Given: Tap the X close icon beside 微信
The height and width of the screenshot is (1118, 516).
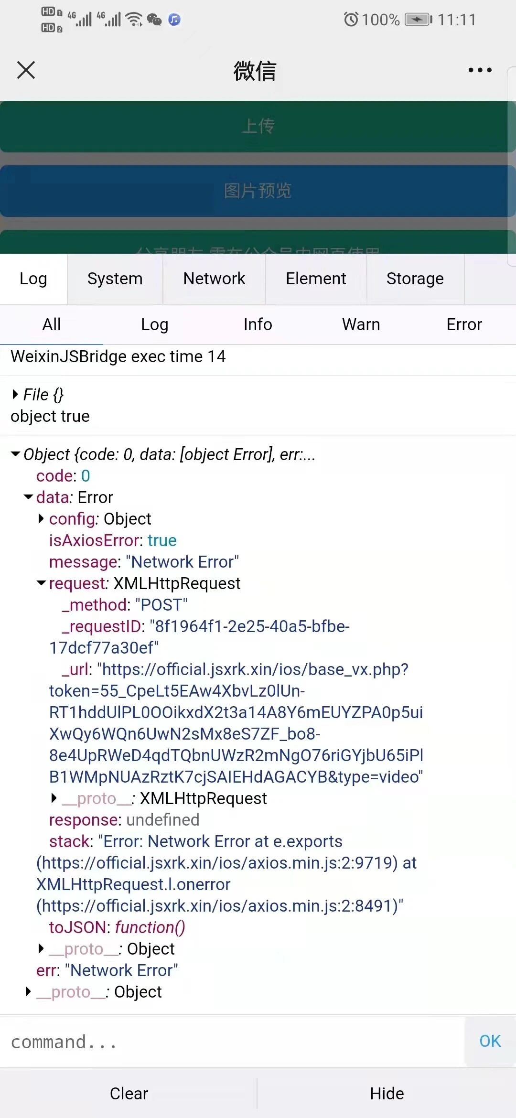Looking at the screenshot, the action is tap(26, 70).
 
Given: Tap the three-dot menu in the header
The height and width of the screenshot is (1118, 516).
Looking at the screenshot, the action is tap(480, 70).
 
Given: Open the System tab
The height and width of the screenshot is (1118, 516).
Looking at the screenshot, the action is tap(115, 279).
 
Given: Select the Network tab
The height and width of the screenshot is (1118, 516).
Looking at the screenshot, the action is tap(214, 279).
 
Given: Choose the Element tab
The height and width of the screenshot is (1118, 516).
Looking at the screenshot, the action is tap(316, 279).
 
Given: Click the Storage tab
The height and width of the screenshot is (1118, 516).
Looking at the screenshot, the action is tap(415, 279).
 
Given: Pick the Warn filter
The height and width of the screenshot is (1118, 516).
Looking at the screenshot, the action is tap(361, 324).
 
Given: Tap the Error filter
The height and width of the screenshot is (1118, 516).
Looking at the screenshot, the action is tap(464, 324).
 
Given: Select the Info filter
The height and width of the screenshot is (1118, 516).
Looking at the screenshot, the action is tap(258, 324).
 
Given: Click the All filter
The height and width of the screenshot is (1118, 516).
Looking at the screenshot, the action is tap(52, 324).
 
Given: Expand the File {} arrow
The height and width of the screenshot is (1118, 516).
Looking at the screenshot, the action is tap(15, 394).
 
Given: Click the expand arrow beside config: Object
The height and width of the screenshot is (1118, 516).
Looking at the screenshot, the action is tap(41, 518).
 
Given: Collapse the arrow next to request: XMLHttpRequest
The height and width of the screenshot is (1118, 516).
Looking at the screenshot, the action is tap(42, 583).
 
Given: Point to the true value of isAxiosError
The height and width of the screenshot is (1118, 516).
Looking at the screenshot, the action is tap(162, 540).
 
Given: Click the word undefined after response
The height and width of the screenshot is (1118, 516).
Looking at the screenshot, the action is tap(162, 820).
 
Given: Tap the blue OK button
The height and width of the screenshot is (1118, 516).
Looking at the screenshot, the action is tap(490, 1041).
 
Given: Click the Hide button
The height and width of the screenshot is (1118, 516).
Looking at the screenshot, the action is tap(387, 1094).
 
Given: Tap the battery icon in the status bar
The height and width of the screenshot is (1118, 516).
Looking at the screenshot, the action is tap(418, 20).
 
